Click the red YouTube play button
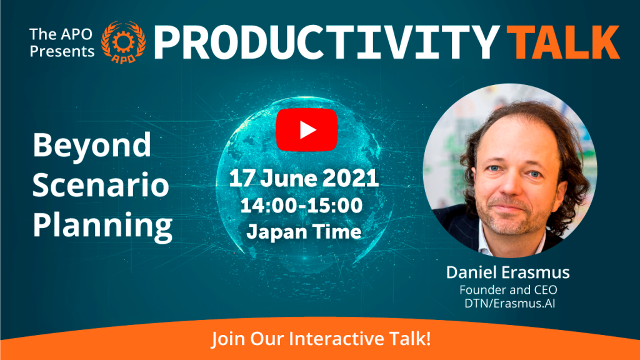307,130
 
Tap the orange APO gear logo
123,42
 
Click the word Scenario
101,185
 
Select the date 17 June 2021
304,178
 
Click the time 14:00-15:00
301,205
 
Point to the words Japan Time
304,232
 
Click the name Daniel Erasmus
507,272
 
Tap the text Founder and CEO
508,290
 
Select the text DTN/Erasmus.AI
509,303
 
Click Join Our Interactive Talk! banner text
321,339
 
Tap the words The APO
61,34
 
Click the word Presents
62,51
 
